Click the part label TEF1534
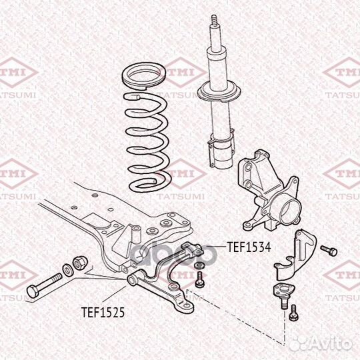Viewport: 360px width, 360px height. click(249, 247)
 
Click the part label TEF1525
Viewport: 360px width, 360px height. click(103, 312)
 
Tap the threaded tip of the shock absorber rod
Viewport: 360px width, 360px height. click(214, 21)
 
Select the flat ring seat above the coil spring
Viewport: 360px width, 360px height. click(143, 76)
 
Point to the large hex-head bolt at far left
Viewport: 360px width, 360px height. click(44, 285)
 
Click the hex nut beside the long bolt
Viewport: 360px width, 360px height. click(81, 263)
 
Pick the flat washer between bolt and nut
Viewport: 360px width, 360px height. click(68, 270)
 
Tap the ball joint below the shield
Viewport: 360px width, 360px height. click(285, 295)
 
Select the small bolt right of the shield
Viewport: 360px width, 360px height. click(329, 251)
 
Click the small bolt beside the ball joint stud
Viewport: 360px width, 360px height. click(294, 313)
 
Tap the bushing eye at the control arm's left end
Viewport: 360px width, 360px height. click(133, 280)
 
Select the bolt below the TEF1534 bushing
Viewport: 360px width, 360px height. click(199, 279)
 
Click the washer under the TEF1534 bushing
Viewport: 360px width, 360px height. click(199, 265)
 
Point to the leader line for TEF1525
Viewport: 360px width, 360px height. click(115, 294)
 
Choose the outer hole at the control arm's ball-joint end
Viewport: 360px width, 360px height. click(188, 305)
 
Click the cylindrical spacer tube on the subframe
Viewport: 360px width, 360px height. click(136, 234)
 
